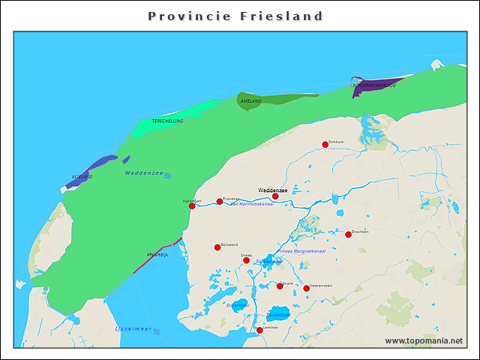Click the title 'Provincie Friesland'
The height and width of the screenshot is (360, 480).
coord(235,16)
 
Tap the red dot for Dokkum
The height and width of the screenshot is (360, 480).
coord(325,145)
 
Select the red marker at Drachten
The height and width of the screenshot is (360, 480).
coord(348,235)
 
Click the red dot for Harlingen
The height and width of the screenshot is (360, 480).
coord(192,205)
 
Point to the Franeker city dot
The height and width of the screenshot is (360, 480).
coord(220,201)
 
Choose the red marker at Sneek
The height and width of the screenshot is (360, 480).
coord(246,260)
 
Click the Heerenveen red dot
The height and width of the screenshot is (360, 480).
coord(306,288)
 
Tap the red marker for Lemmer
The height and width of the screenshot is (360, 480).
coord(259,330)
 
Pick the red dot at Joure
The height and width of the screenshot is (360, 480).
coord(280,286)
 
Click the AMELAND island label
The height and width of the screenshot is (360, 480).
coord(251,101)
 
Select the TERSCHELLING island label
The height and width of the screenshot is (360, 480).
coord(167,121)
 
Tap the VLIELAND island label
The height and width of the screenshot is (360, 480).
coord(82,177)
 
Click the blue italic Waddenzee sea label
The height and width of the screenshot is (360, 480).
coord(144,173)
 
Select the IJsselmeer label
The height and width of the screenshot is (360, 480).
coord(133,329)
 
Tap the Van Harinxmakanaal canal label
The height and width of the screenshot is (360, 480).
coord(250,204)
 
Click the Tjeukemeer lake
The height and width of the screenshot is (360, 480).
coord(278,314)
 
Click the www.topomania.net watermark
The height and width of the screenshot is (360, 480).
coord(424,340)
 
